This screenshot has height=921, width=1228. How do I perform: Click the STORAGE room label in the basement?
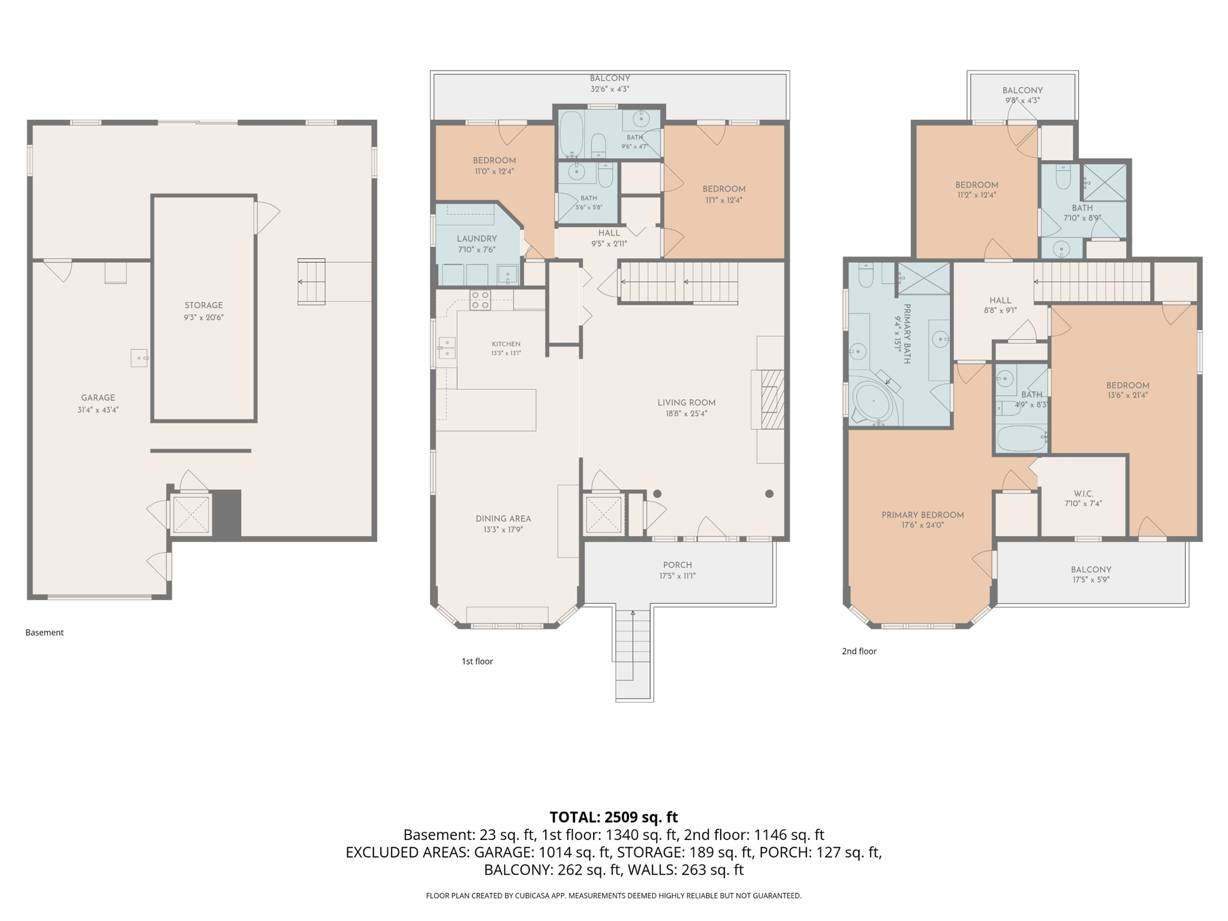pos(203,305)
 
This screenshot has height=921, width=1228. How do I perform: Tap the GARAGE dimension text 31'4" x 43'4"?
pos(98,410)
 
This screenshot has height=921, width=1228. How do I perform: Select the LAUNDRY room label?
pos(477,239)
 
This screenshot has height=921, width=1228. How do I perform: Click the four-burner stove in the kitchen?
pos(480,300)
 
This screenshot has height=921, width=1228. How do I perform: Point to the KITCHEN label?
pos(506,344)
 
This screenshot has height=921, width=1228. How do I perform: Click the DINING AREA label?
pos(503,519)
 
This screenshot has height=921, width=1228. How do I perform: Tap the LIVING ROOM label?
pos(687,403)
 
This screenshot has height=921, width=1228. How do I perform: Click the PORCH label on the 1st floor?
pos(678,565)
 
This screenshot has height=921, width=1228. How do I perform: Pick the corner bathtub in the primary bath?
pos(874,401)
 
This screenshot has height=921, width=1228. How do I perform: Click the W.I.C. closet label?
pos(1083,493)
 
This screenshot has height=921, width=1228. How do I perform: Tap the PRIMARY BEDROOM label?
pos(922,515)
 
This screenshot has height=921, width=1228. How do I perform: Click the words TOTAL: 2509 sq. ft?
pos(613,817)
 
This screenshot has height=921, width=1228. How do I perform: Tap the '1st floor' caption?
pos(477,661)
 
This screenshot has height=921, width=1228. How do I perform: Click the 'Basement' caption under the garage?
pos(44,633)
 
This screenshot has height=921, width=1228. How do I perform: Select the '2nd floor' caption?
pos(859,651)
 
